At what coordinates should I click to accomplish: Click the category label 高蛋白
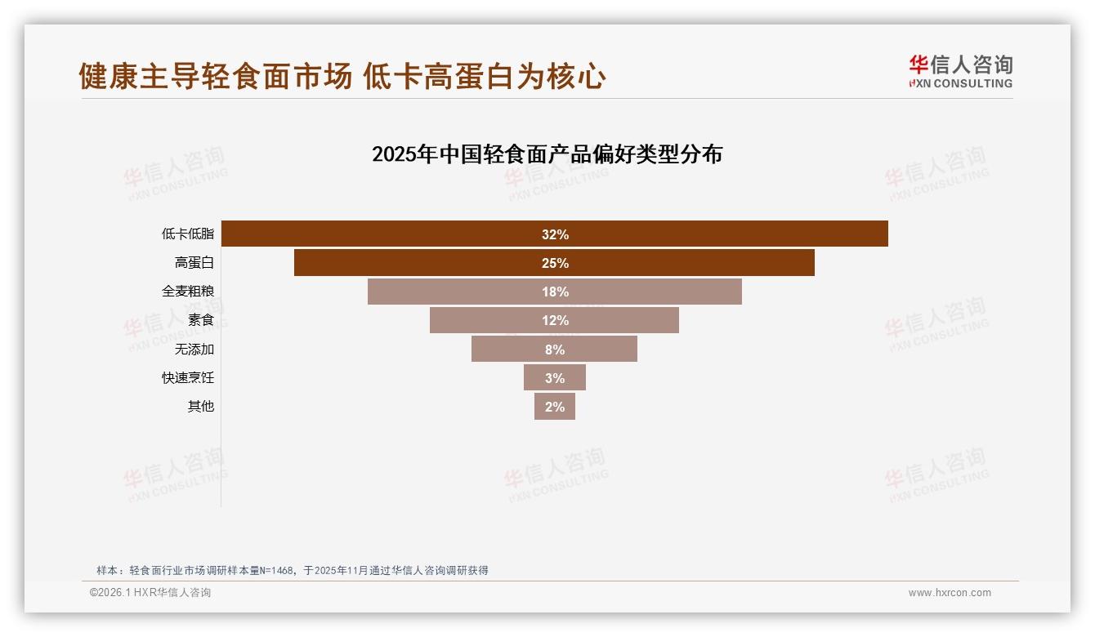pyautogui.click(x=194, y=263)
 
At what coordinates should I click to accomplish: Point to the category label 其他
pyautogui.click(x=201, y=406)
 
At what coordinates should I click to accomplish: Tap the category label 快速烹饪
pyautogui.click(x=188, y=377)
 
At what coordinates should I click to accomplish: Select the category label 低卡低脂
pyautogui.click(x=188, y=234)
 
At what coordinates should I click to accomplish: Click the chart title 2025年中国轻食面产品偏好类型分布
pyautogui.click(x=547, y=154)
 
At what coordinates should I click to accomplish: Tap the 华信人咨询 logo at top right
pyautogui.click(x=960, y=71)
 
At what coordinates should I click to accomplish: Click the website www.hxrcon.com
pyautogui.click(x=950, y=593)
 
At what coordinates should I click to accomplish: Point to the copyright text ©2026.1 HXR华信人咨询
pyautogui.click(x=150, y=593)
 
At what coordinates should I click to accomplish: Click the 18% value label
pyautogui.click(x=555, y=292)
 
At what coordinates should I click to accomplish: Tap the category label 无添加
pyautogui.click(x=194, y=349)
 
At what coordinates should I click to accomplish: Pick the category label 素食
pyautogui.click(x=201, y=320)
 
